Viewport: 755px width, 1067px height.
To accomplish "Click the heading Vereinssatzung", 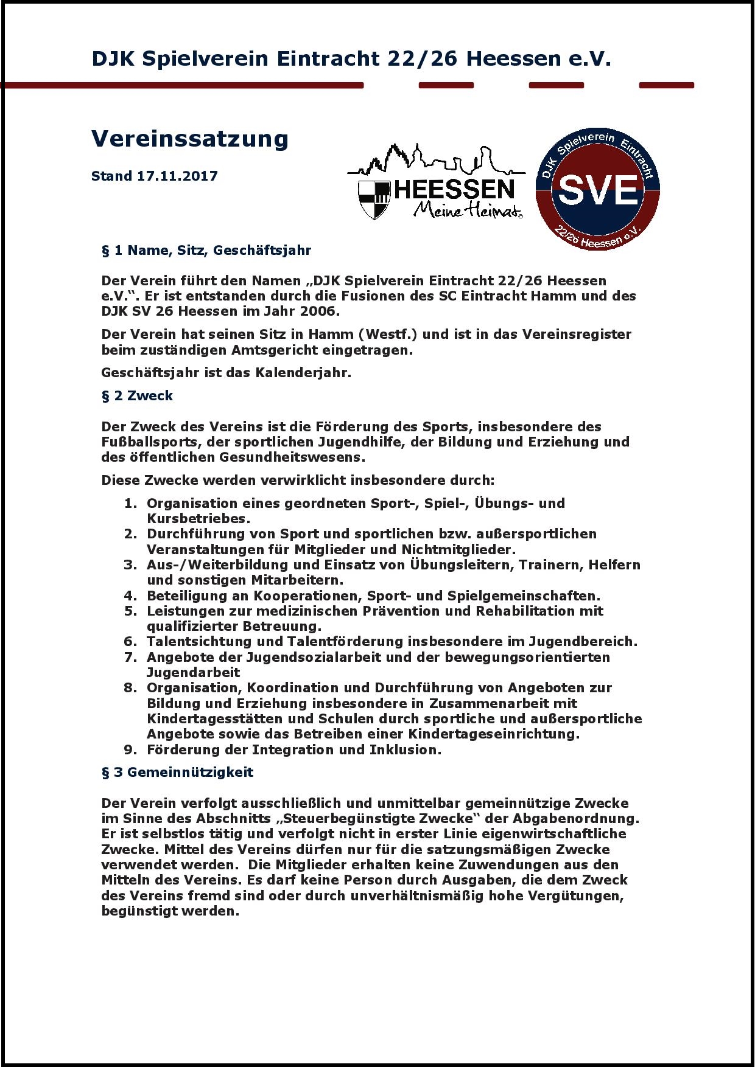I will (x=189, y=139).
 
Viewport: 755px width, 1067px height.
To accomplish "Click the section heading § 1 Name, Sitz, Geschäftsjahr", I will (x=206, y=250).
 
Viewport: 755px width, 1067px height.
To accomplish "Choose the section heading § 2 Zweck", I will (x=137, y=395).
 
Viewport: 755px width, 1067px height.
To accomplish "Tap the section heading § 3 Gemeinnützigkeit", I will (x=177, y=772).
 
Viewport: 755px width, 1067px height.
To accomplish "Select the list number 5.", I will (x=130, y=611).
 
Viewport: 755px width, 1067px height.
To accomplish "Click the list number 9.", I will (x=130, y=749).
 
